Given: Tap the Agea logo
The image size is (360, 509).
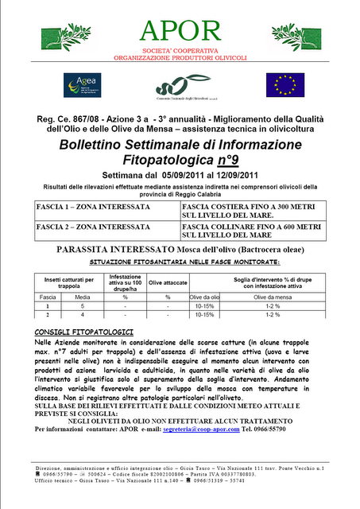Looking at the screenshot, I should click(x=83, y=84).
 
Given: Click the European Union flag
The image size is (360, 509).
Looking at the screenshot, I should click(x=284, y=84).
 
